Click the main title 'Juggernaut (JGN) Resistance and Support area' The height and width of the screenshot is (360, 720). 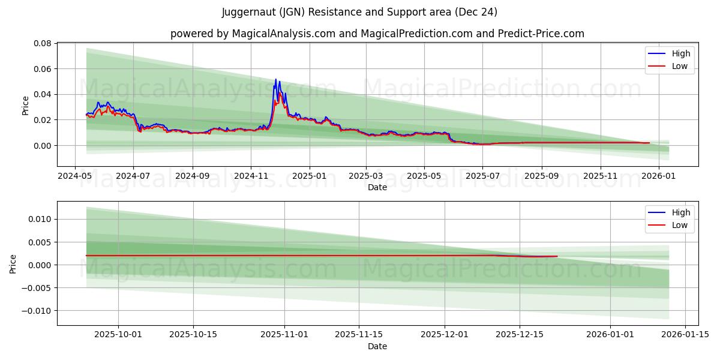tap(359, 12)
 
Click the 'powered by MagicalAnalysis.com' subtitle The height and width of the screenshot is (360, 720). tap(377, 34)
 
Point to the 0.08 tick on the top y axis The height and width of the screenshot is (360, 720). tap(43, 43)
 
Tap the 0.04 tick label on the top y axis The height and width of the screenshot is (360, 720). tap(43, 94)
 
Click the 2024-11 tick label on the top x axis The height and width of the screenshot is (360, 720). tap(250, 177)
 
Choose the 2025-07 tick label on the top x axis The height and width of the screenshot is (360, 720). tap(482, 177)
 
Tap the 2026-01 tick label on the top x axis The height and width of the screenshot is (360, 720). tap(659, 177)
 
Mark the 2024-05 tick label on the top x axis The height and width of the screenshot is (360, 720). tap(74, 177)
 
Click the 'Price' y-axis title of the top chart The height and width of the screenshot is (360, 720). tap(25, 106)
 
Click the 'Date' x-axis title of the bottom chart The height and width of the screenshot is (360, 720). tap(377, 346)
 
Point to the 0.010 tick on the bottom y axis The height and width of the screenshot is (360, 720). tap(40, 219)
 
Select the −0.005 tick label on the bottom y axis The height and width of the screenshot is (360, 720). tap(38, 288)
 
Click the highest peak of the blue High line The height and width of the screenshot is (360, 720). tap(276, 79)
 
